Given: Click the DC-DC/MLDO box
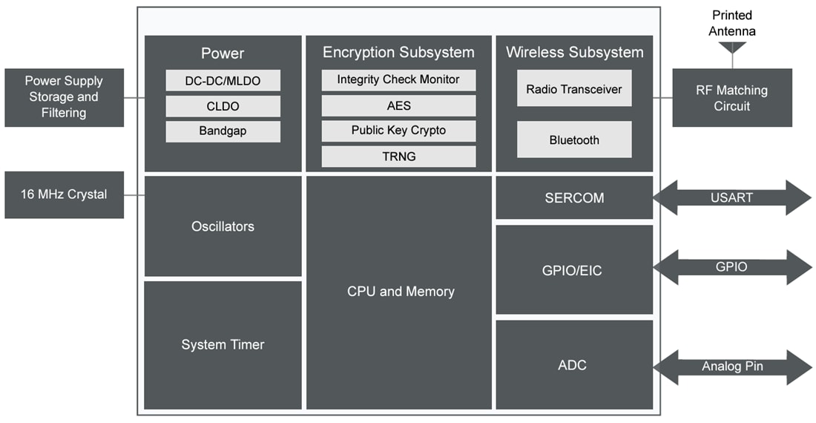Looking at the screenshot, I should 223,80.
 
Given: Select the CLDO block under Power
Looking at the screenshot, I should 223,106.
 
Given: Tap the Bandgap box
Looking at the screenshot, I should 223,131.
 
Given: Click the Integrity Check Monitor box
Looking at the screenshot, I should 398,79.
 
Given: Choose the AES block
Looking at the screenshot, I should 398,105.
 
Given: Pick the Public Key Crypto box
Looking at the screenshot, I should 398,131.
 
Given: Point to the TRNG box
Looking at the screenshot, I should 398,156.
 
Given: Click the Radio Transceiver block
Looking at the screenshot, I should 574,89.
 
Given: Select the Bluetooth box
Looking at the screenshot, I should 574,140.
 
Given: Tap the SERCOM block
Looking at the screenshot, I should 574,198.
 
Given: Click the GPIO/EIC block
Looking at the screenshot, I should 574,271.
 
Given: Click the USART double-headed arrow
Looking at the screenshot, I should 732,197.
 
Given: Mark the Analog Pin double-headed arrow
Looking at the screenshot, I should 732,367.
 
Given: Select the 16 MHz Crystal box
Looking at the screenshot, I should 64,194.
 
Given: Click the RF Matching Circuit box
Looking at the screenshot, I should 732,98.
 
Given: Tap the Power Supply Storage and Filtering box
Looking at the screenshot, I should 64,97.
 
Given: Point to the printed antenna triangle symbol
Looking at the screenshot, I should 732,47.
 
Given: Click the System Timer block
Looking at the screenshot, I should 223,344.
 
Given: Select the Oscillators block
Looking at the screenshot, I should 223,226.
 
